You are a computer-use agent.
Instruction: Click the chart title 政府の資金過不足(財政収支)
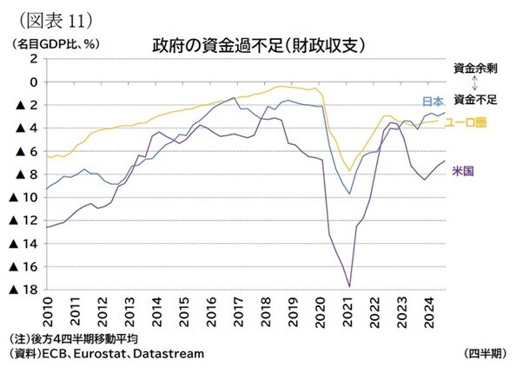258,43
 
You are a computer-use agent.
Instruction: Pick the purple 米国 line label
462,172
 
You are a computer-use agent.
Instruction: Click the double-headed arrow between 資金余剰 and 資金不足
475,83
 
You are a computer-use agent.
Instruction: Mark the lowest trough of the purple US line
349,286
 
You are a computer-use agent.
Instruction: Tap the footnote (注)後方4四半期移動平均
73,338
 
